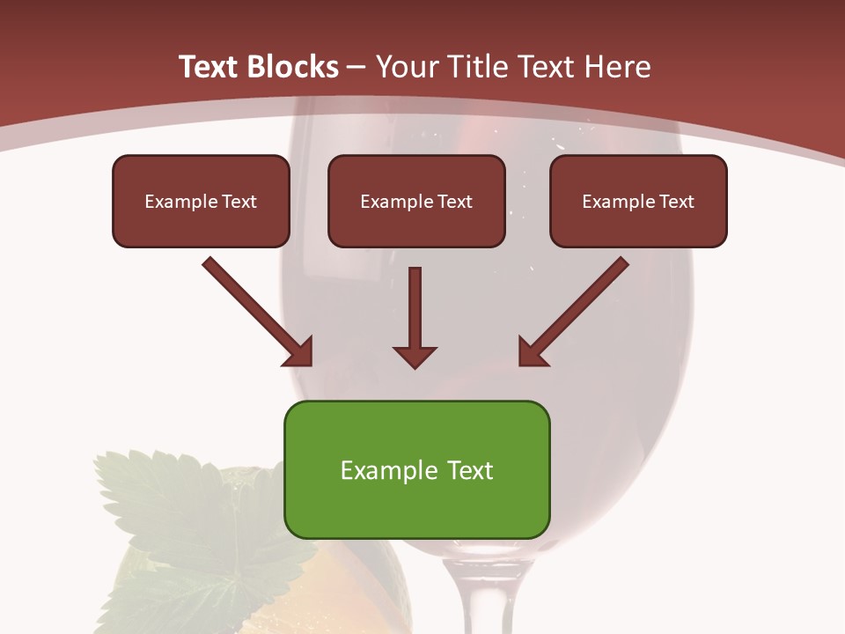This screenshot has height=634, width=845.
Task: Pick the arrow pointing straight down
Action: [x=415, y=317]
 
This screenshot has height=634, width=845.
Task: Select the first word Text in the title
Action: [x=209, y=67]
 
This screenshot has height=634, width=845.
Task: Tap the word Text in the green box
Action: [x=468, y=470]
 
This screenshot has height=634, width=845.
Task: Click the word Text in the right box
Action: [x=675, y=202]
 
